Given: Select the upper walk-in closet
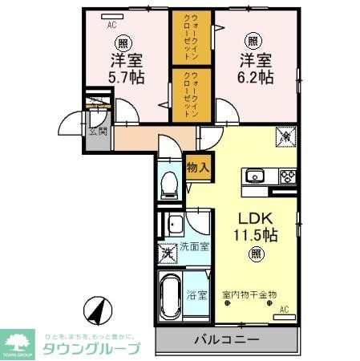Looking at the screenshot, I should pos(190,37).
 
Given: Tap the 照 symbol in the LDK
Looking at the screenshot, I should pos(255,254).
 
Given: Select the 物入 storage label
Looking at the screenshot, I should pos(197,168).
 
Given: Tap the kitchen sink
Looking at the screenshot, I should pos(257,175).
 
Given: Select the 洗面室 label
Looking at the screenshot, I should pos(194,246).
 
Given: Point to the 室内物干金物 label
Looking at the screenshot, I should pos(249,295).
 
